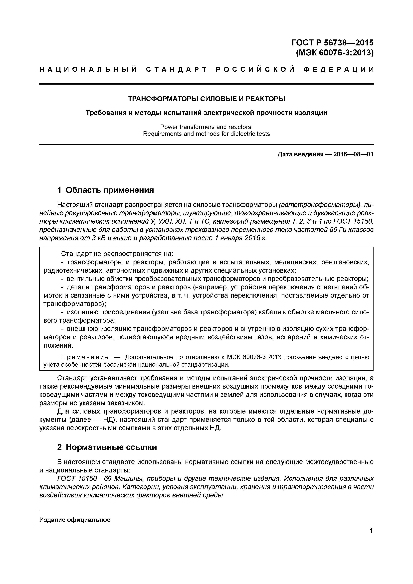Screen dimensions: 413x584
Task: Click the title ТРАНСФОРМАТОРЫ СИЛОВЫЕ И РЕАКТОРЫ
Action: point(206,99)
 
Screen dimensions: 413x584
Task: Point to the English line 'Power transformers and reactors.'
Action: point(206,127)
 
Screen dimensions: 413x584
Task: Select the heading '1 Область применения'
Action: point(106,190)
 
